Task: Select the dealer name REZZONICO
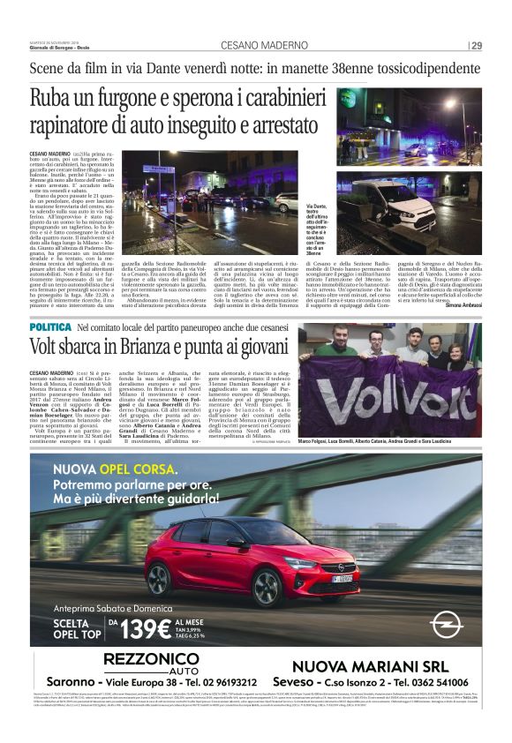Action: (x=151, y=660)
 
